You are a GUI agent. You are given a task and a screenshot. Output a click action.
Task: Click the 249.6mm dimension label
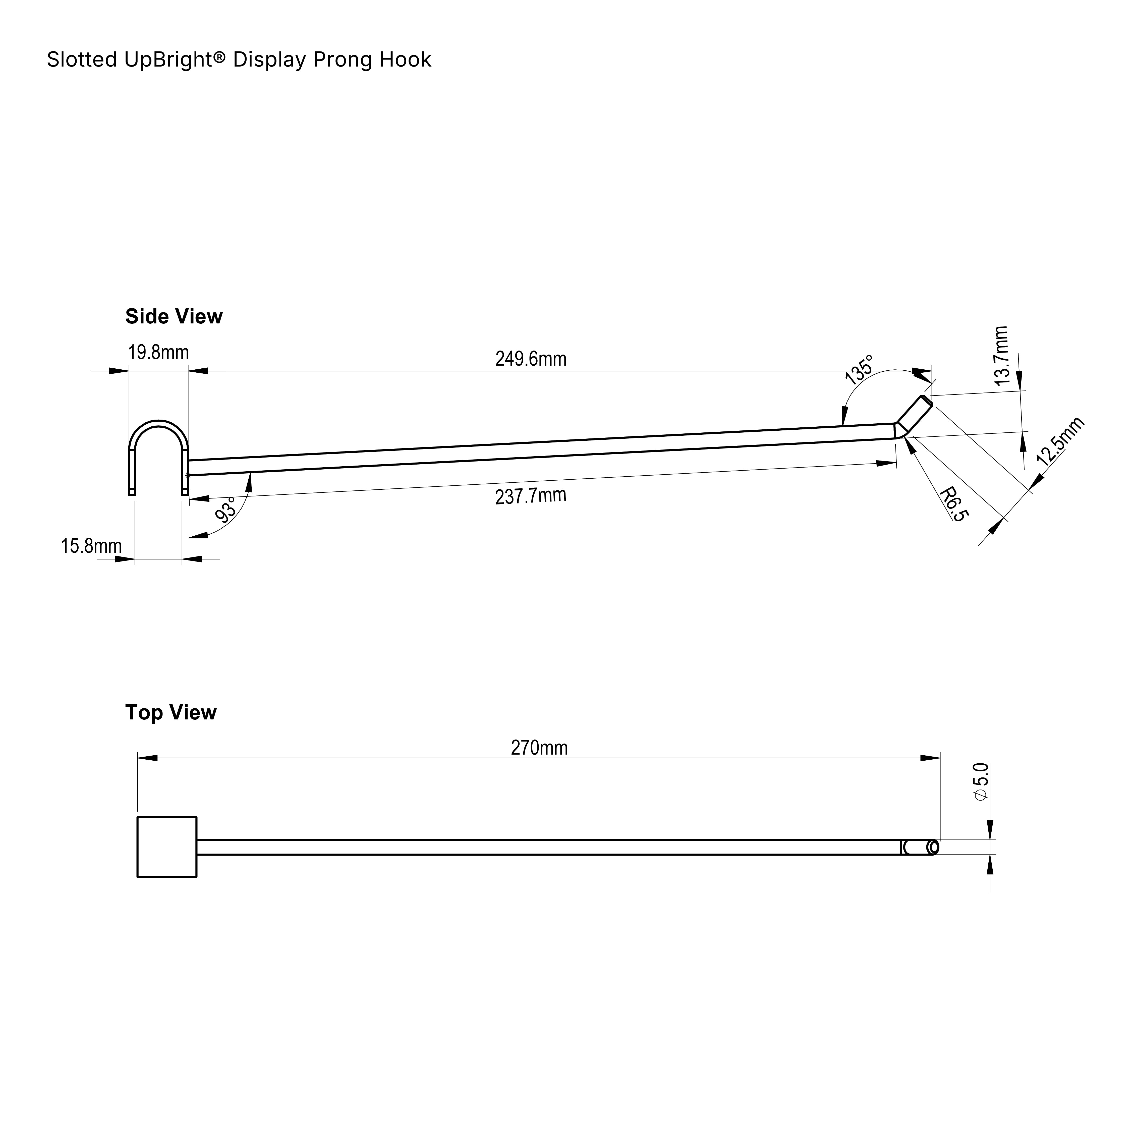(531, 359)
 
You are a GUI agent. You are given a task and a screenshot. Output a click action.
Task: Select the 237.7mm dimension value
(531, 496)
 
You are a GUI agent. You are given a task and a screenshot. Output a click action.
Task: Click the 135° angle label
(859, 368)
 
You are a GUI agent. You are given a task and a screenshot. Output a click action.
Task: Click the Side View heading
(174, 316)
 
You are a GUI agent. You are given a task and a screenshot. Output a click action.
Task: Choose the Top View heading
(171, 712)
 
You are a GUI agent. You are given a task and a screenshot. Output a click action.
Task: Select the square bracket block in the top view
(167, 847)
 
